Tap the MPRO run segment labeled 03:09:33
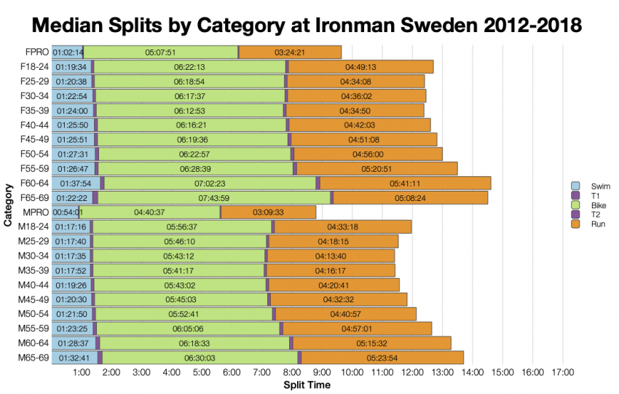[x=268, y=213]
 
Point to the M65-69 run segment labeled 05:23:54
[x=382, y=358]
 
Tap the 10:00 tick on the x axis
[x=352, y=373]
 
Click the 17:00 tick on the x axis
[x=563, y=373]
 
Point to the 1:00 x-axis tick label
[x=82, y=373]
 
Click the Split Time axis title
[x=307, y=385]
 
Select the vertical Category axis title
[x=8, y=205]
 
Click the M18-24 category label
[x=33, y=227]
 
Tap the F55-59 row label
[x=33, y=169]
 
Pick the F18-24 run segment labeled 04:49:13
[x=360, y=67]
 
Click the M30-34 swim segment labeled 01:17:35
[x=71, y=256]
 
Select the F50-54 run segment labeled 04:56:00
[x=368, y=154]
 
